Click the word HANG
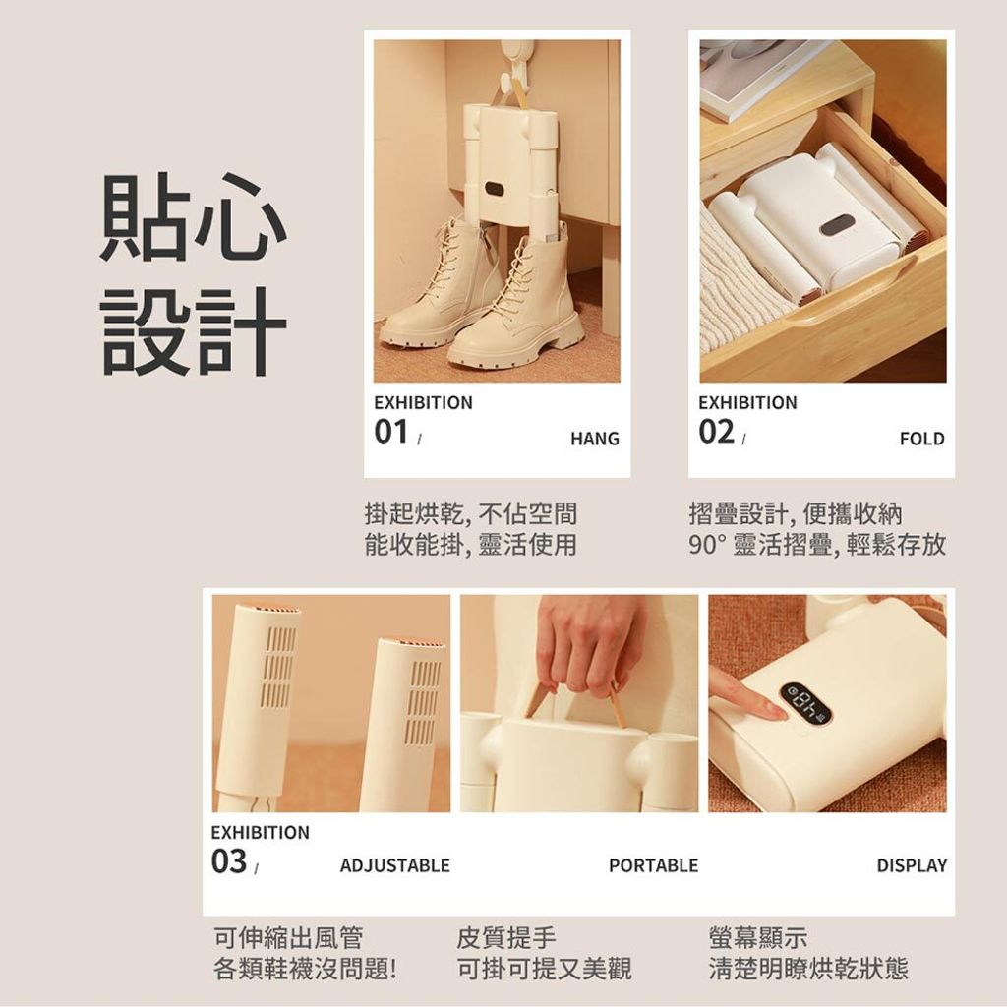[595, 439]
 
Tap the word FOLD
[922, 439]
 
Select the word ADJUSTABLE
[395, 865]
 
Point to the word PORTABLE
[653, 865]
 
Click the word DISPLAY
[912, 865]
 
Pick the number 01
[391, 432]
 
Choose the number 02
[716, 432]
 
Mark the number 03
[228, 861]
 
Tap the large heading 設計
[193, 330]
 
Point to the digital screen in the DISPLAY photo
[805, 701]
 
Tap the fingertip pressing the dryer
[777, 712]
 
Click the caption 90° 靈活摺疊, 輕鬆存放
[817, 545]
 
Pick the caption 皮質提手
[506, 937]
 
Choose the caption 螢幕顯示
[758, 937]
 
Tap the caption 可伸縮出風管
[288, 937]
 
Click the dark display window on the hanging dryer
[495, 190]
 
